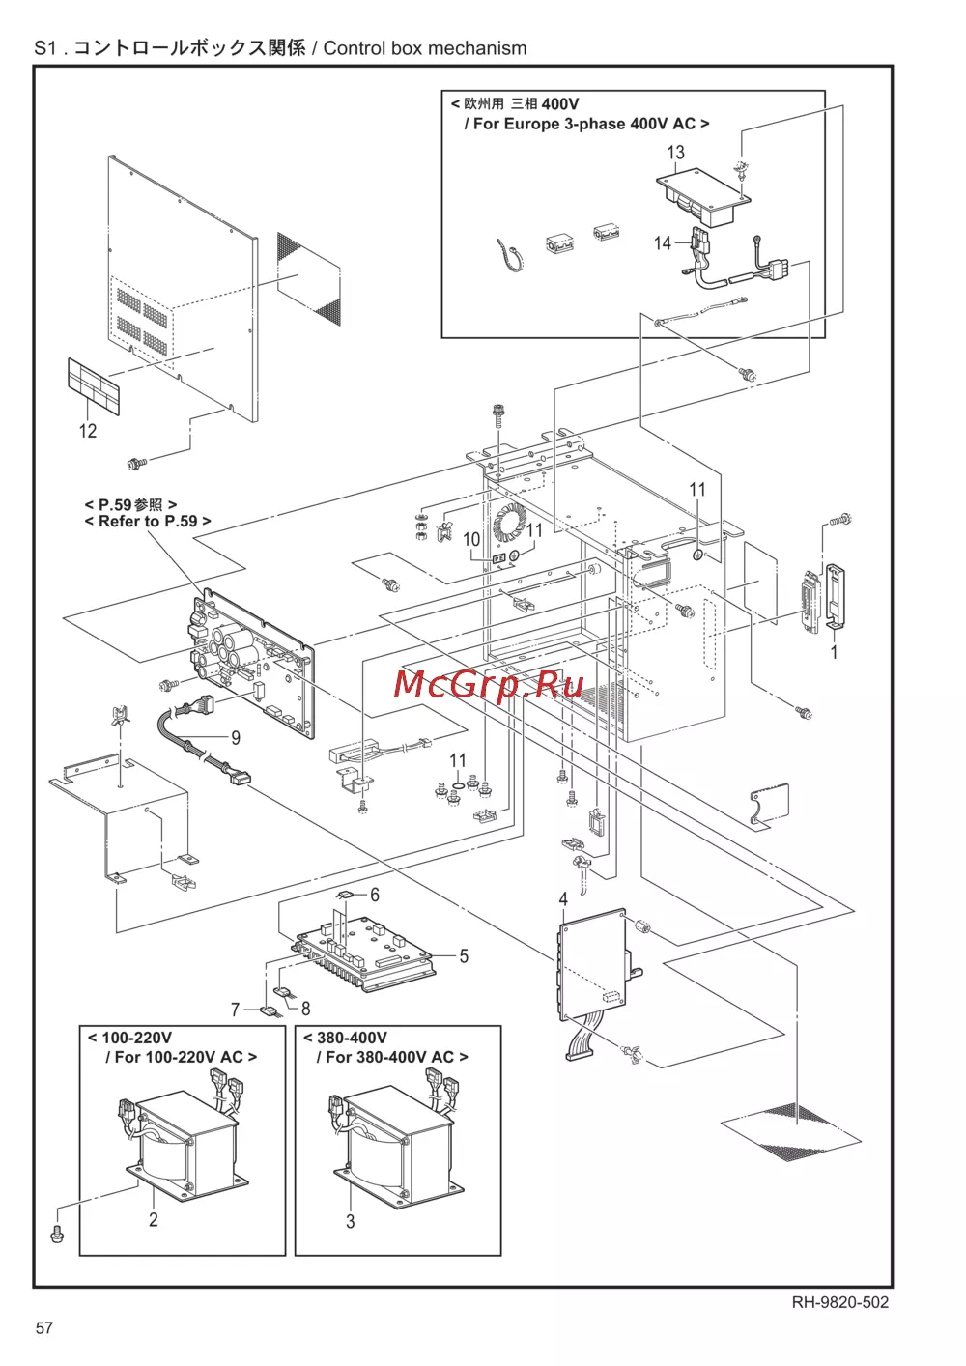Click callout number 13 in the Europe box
pos(675,152)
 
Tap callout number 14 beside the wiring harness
pos(663,243)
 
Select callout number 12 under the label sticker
pos(88,431)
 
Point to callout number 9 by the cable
pos(236,738)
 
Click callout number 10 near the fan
pos(472,539)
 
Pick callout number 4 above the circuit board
pos(563,898)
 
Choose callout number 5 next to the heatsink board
pos(464,956)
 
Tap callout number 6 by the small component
pos(375,895)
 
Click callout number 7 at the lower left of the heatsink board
pos(236,1010)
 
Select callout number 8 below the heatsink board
pos(306,1009)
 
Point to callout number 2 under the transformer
pos(153,1219)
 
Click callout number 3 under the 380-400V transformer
pos(350,1221)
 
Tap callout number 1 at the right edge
pos(835,652)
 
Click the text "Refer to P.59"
pos(148,522)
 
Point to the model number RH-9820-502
pos(840,1303)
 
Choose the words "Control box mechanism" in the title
pos(425,48)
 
